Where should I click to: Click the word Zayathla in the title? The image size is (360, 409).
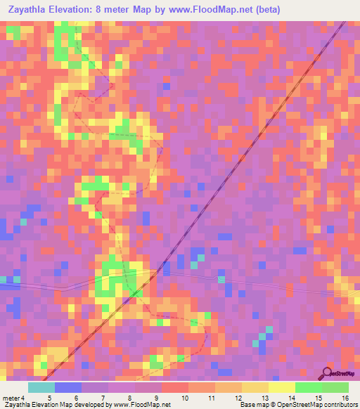(x=32, y=9)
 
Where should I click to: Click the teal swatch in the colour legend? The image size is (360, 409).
(x=41, y=387)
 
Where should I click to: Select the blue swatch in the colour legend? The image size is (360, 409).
(x=68, y=387)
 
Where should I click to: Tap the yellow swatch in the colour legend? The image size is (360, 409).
(x=282, y=387)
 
